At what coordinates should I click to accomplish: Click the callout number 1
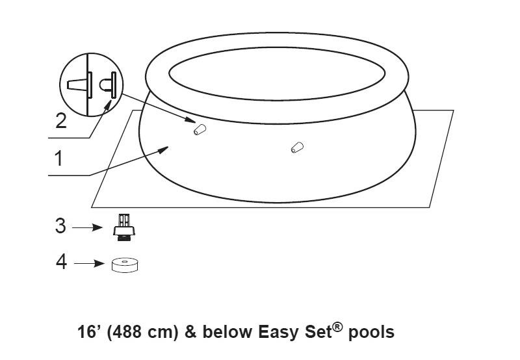(58, 159)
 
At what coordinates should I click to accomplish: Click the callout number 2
(61, 121)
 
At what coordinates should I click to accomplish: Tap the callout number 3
(60, 226)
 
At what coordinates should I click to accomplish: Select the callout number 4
(61, 262)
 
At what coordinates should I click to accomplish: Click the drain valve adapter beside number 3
(124, 227)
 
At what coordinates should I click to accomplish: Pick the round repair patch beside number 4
(124, 265)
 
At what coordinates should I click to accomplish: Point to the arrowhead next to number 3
(97, 227)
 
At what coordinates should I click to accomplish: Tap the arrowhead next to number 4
(99, 264)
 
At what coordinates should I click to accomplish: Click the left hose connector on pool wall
(200, 129)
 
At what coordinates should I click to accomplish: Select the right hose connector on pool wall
(297, 148)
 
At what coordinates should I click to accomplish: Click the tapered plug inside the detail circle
(79, 85)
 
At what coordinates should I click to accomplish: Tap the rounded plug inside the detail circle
(108, 85)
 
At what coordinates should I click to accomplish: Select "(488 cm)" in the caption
(142, 333)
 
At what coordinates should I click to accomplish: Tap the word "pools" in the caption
(371, 333)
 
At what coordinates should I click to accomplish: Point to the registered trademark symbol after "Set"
(337, 327)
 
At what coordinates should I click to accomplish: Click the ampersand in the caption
(190, 332)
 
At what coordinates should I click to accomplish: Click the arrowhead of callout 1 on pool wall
(164, 150)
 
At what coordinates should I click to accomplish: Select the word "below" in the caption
(228, 332)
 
